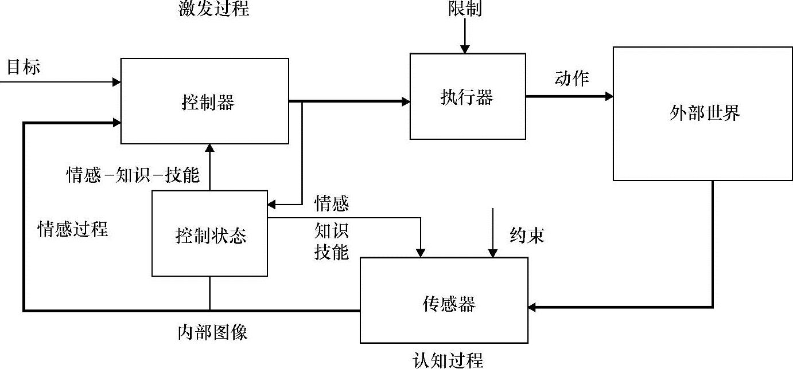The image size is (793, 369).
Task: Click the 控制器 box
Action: [204, 101]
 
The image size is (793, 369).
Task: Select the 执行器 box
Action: [467, 96]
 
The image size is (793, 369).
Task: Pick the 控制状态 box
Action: [209, 234]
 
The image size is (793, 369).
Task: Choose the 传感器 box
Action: [444, 300]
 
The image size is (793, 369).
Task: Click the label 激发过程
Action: [213, 9]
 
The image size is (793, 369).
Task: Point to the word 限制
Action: [465, 9]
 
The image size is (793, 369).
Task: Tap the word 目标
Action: [24, 67]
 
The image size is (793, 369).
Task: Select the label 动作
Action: [572, 78]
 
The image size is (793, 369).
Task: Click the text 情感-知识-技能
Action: [133, 175]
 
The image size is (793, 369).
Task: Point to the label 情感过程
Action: [73, 229]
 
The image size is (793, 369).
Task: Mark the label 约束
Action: [527, 235]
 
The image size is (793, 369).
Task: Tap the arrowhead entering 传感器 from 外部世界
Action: [534, 308]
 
